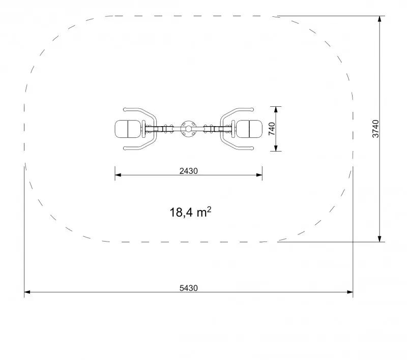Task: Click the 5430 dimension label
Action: click(188, 288)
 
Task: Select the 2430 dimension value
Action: click(188, 171)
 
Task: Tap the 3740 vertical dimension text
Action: click(375, 129)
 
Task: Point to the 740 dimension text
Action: click(272, 129)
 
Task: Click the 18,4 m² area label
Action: click(190, 212)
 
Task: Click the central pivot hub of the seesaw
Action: click(188, 129)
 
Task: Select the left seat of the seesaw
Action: click(128, 129)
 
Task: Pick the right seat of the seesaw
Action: click(249, 129)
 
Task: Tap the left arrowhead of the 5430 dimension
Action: click(27, 292)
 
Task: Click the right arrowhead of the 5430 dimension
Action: click(350, 292)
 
